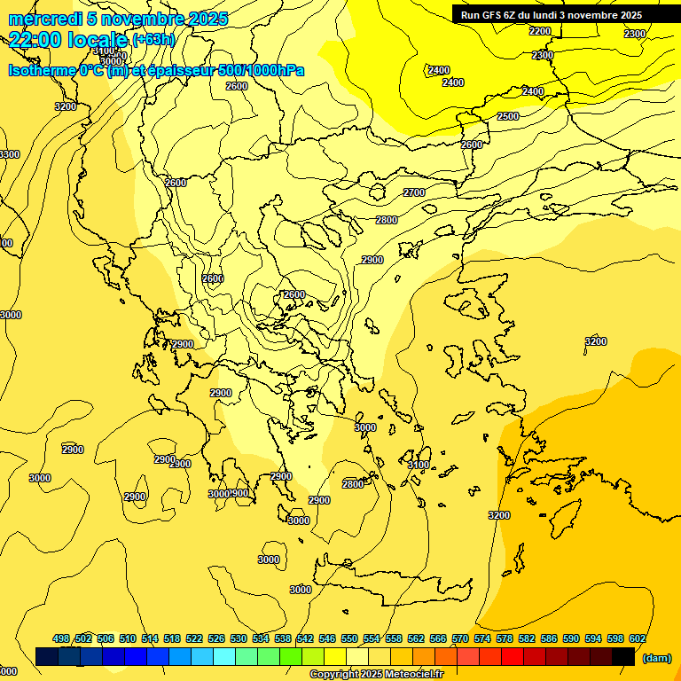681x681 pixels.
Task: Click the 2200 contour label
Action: tap(539, 31)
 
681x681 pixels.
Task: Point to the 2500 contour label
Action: tap(508, 116)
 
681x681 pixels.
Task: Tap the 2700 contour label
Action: tap(414, 192)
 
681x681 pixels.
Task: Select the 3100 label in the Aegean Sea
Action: tap(418, 465)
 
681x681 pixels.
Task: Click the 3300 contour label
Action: tap(9, 154)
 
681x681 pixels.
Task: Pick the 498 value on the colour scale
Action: tap(61, 638)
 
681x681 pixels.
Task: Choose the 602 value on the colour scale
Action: tap(637, 638)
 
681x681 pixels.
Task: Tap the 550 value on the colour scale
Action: tap(349, 638)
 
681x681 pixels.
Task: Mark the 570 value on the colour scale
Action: tap(459, 638)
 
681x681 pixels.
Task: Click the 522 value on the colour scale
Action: tap(194, 638)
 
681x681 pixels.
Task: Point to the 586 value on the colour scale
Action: tap(548, 638)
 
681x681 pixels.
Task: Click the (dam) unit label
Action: tap(657, 658)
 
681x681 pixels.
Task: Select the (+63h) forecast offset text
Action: tap(153, 40)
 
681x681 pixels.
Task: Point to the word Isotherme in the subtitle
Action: tap(42, 70)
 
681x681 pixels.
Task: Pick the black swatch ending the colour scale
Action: tap(623, 656)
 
